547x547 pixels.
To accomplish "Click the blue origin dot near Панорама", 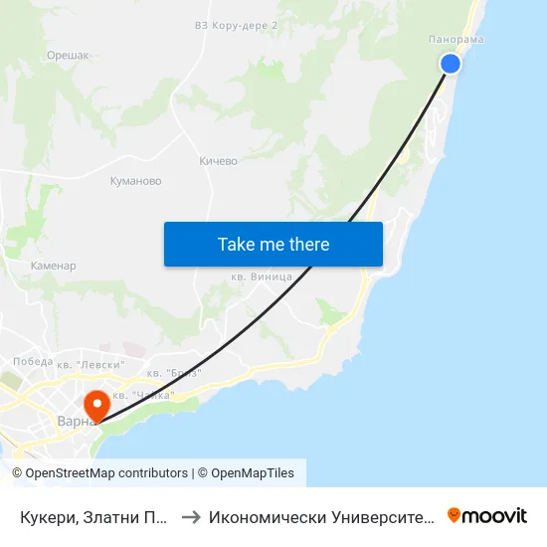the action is pyautogui.click(x=451, y=64).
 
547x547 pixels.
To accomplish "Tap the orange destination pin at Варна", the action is pyautogui.click(x=96, y=405).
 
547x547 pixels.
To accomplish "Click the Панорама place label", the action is pyautogui.click(x=456, y=39).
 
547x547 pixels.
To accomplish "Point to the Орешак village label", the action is pyautogui.click(x=67, y=56).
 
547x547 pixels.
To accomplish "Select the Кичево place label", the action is pyautogui.click(x=218, y=160).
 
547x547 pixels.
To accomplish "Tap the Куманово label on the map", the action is pyautogui.click(x=135, y=181).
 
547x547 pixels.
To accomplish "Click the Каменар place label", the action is pyautogui.click(x=54, y=266).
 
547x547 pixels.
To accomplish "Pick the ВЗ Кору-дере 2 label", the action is pyautogui.click(x=236, y=26).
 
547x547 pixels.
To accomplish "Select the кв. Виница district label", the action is pyautogui.click(x=261, y=276).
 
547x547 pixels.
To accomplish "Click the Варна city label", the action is pyautogui.click(x=72, y=421).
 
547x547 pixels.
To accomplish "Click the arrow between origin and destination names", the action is pyautogui.click(x=191, y=517).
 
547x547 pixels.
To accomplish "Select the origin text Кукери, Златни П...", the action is pyautogui.click(x=93, y=517).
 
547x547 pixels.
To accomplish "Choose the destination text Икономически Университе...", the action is pyautogui.click(x=321, y=517).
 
